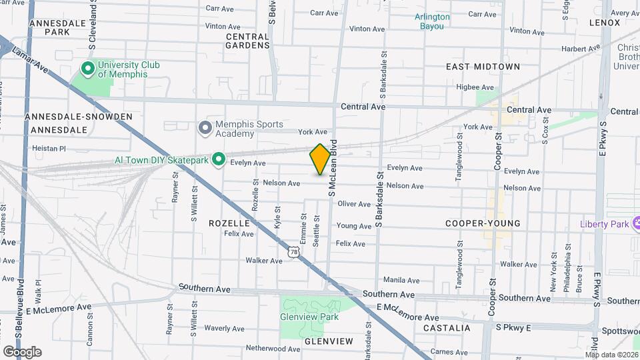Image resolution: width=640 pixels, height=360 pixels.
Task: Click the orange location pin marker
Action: click(320, 159)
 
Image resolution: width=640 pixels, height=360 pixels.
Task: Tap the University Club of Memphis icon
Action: click(87, 68)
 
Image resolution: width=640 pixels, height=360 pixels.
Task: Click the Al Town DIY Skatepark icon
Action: click(217, 159)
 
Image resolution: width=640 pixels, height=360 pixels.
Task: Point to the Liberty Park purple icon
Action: click(635, 223)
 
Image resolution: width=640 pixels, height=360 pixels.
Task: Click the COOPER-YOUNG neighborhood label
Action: click(483, 223)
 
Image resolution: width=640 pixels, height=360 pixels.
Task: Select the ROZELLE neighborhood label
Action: click(229, 223)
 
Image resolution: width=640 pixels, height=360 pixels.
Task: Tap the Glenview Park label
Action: click(310, 317)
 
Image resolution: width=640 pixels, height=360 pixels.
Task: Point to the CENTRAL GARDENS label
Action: click(248, 41)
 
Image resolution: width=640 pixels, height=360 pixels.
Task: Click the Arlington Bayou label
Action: click(432, 21)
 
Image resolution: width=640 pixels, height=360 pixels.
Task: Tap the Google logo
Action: click(22, 351)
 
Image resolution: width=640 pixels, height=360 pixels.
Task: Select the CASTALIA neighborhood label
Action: click(447, 328)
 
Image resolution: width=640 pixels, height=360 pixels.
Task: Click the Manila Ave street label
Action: click(401, 281)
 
